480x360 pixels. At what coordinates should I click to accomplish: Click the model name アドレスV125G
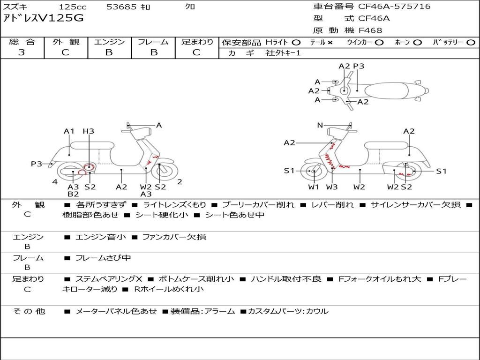click(43, 18)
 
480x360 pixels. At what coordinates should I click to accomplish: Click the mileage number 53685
click(121, 7)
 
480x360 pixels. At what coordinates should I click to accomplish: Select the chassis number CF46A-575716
click(394, 6)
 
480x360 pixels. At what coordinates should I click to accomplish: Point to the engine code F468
click(370, 30)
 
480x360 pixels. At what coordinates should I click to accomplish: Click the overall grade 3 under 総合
click(22, 52)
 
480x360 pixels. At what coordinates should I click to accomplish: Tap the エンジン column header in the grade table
click(109, 42)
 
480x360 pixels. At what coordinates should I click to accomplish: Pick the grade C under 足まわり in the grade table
click(196, 52)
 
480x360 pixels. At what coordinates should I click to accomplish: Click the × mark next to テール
click(330, 43)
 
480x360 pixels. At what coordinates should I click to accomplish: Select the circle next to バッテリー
click(471, 43)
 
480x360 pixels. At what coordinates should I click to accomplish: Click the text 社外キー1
click(283, 53)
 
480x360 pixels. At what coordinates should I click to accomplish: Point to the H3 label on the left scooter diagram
click(89, 131)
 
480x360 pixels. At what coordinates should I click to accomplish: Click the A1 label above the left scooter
click(69, 131)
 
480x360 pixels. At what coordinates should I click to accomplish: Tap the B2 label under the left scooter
click(73, 194)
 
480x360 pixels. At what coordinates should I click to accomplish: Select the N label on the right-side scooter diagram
click(320, 125)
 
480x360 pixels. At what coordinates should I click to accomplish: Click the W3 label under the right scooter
click(332, 187)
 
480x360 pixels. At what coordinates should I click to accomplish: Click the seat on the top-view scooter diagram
click(386, 91)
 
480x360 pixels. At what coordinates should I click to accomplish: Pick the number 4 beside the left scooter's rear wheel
click(55, 182)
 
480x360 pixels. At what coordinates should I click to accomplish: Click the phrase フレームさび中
click(103, 258)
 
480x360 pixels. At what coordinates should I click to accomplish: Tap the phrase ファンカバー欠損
click(174, 237)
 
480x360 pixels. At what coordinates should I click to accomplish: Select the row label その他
click(29, 311)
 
